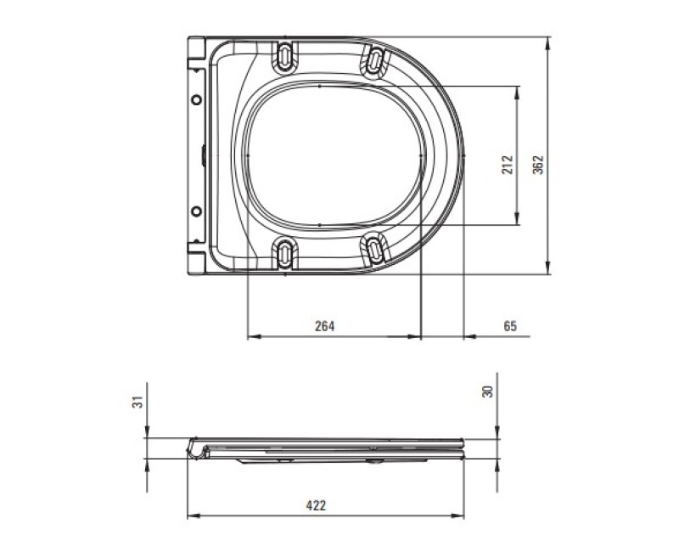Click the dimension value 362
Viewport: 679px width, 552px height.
(538, 165)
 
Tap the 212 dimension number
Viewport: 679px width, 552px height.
(508, 165)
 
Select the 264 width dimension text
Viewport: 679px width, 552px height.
(325, 326)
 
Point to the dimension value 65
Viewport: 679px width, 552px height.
(511, 326)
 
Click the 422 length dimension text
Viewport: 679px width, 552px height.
(316, 505)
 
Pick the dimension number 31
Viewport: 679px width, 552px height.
(137, 402)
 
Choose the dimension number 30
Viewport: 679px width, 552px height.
(488, 391)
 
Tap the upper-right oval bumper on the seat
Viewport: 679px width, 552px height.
(375, 60)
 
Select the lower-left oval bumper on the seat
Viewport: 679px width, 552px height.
(285, 252)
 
